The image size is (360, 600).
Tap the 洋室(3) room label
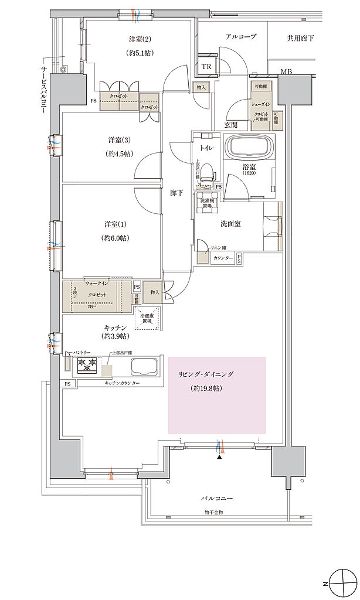pyautogui.click(x=119, y=141)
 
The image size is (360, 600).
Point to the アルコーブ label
pyautogui.click(x=241, y=37)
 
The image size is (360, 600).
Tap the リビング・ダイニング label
pyautogui.click(x=215, y=373)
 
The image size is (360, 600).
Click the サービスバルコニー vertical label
pyautogui.click(x=43, y=87)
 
